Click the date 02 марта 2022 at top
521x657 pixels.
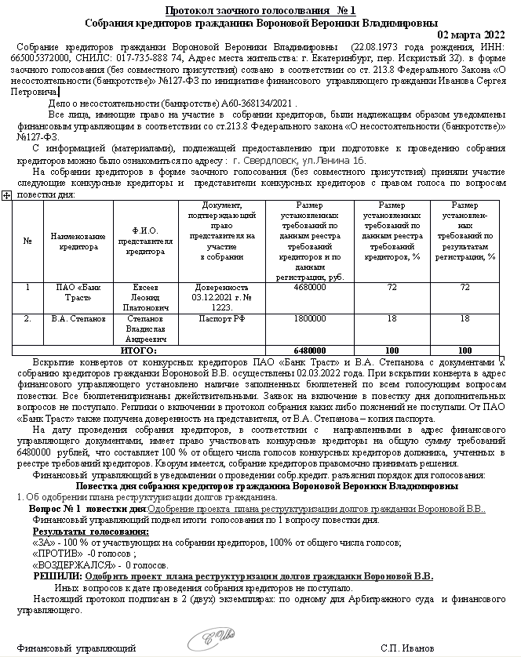pos(470,35)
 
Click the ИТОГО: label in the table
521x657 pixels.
pos(138,350)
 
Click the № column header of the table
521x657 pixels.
pos(27,241)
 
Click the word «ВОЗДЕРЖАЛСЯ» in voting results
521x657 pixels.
pos(70,564)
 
